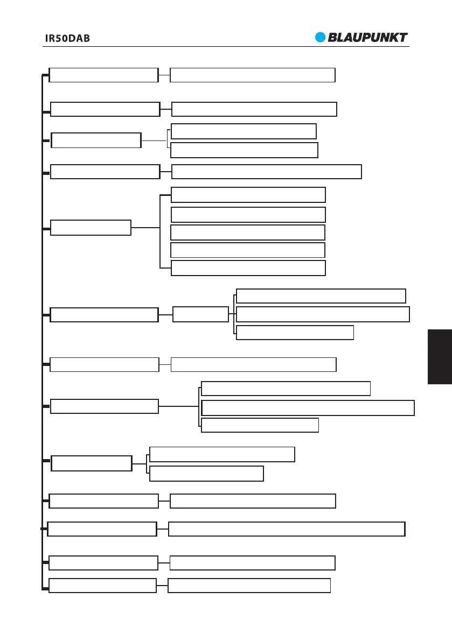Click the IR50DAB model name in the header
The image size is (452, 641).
coord(67,39)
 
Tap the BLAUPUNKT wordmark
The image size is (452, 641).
coord(368,38)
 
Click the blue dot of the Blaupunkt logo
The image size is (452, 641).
coord(321,38)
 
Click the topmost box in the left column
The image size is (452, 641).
coord(103,75)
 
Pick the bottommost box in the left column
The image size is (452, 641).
coord(102,586)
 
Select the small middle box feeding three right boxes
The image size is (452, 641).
coord(200,314)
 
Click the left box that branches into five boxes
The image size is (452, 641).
coord(91,228)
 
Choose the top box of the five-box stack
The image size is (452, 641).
coord(248,195)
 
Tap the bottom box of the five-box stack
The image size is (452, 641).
coord(248,268)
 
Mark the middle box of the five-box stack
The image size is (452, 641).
coord(248,233)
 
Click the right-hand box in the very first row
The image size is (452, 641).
coord(252,75)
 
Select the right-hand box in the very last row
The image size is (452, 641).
coord(249,586)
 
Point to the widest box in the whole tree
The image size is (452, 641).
coord(286,529)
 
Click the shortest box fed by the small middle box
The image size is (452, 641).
coord(295,333)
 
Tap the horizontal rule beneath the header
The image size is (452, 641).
coord(226,46)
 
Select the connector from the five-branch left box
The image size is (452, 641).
coord(145,228)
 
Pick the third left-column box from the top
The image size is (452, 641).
coord(95,140)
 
